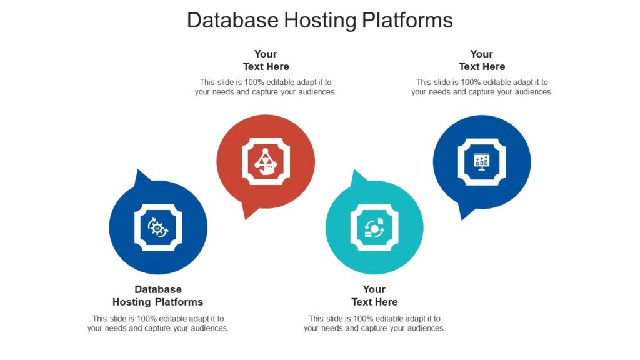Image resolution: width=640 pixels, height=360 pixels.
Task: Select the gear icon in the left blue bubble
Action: (x=158, y=227)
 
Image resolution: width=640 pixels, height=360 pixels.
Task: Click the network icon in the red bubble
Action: (x=266, y=162)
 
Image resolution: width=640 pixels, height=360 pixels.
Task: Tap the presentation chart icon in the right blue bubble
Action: (x=482, y=162)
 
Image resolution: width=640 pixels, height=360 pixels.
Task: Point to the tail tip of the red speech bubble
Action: (x=244, y=218)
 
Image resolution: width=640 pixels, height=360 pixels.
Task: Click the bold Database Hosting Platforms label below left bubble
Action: (x=158, y=296)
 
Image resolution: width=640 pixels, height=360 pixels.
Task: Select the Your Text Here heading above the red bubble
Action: (x=266, y=60)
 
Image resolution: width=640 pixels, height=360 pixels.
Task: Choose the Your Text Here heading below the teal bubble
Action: (x=374, y=296)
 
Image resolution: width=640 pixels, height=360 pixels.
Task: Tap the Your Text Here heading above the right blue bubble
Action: (x=482, y=60)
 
